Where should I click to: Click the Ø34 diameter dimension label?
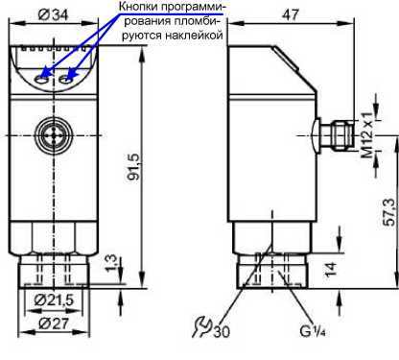53,14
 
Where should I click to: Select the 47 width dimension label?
291,14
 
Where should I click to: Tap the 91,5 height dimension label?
134,166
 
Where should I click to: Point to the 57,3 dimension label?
390,212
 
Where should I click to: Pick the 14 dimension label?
331,269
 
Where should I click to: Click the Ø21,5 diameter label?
54,300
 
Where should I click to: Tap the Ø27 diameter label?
54,324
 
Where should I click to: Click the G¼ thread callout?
313,331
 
